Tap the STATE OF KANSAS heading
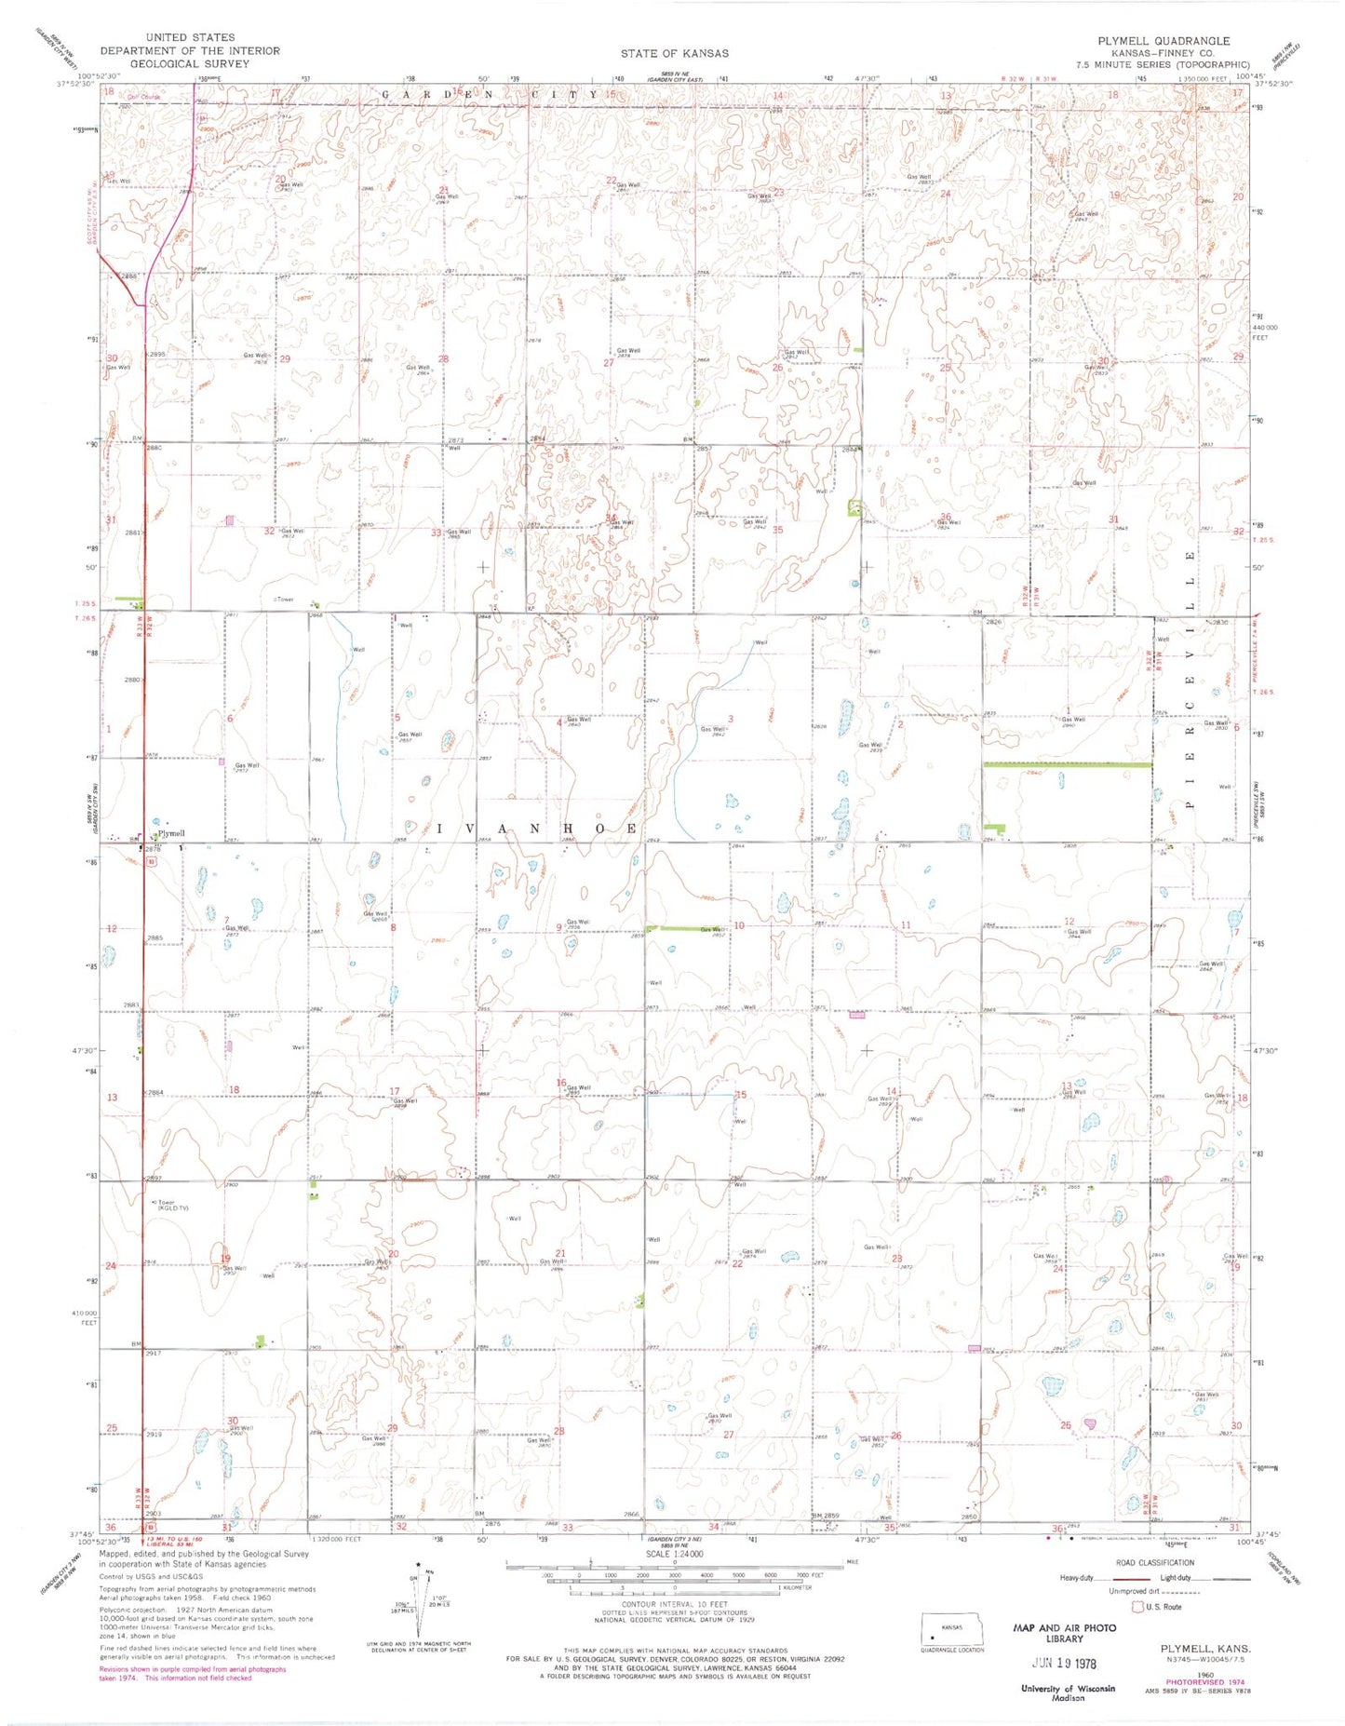675,53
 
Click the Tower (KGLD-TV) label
172,1205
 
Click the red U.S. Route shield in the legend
1137,1606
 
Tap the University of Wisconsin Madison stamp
1068,1692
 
